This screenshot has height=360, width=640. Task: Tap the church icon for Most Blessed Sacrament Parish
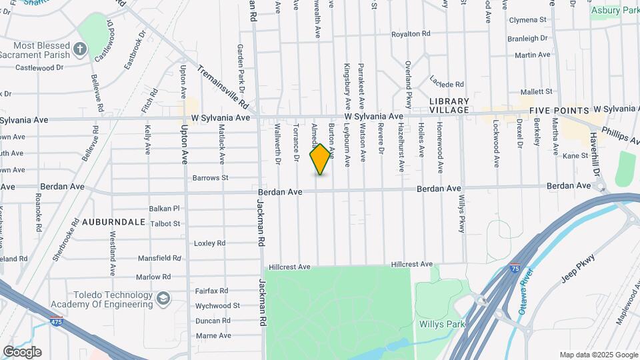click(x=79, y=49)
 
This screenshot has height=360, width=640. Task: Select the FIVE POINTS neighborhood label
click(x=559, y=111)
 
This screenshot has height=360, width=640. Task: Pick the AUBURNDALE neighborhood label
click(x=113, y=221)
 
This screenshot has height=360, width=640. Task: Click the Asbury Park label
click(x=614, y=10)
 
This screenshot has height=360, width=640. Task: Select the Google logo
click(x=22, y=352)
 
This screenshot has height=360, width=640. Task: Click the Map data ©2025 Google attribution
click(x=599, y=355)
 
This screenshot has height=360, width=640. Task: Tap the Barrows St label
click(x=210, y=178)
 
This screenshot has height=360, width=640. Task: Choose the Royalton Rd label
click(x=410, y=33)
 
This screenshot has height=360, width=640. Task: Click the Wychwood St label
click(x=217, y=305)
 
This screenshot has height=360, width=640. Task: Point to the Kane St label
click(x=574, y=155)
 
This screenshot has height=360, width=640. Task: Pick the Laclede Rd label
click(x=446, y=85)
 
